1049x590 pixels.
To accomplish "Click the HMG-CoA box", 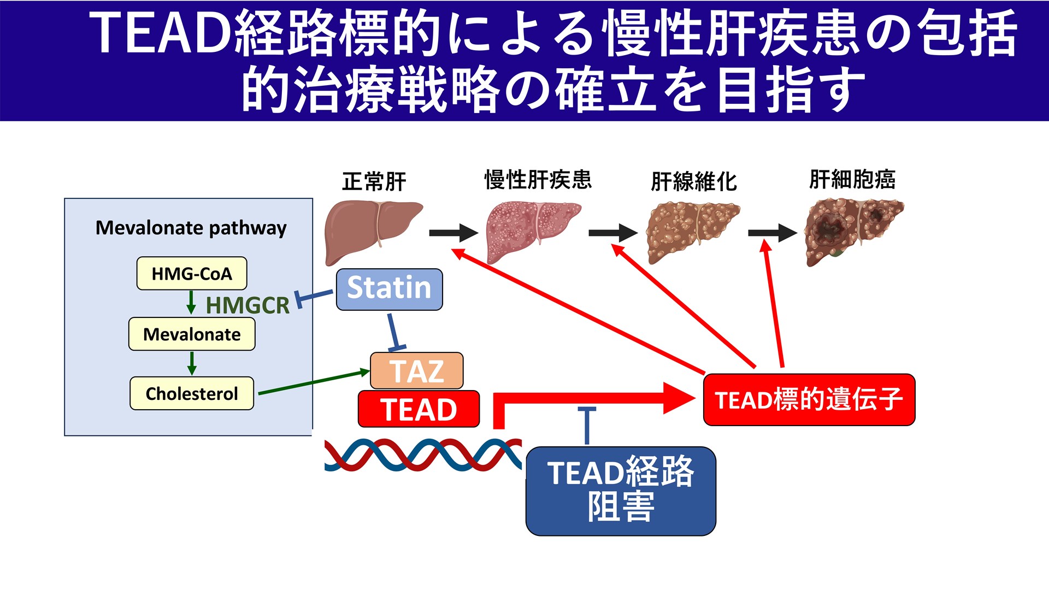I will point(192,273).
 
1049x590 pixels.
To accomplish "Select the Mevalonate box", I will point(192,334).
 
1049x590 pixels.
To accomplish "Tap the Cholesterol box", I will point(192,393).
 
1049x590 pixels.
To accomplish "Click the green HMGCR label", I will point(247,305).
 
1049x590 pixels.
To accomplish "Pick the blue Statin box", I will point(389,289).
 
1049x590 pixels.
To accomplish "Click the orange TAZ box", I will point(416,371).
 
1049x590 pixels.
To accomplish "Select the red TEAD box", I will point(419,409).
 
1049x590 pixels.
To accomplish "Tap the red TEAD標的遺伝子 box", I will point(809,399).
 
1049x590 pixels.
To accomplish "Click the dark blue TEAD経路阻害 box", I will point(621,491).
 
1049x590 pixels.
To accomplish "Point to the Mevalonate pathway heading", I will point(191,227).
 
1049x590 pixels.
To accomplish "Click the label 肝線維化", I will point(694,181).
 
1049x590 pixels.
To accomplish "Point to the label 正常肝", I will point(374,181).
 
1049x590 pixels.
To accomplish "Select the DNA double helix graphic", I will point(423,455).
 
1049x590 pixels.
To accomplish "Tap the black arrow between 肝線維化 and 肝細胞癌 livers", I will point(772,233).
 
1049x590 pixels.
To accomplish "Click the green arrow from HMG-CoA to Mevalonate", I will point(191,302).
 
